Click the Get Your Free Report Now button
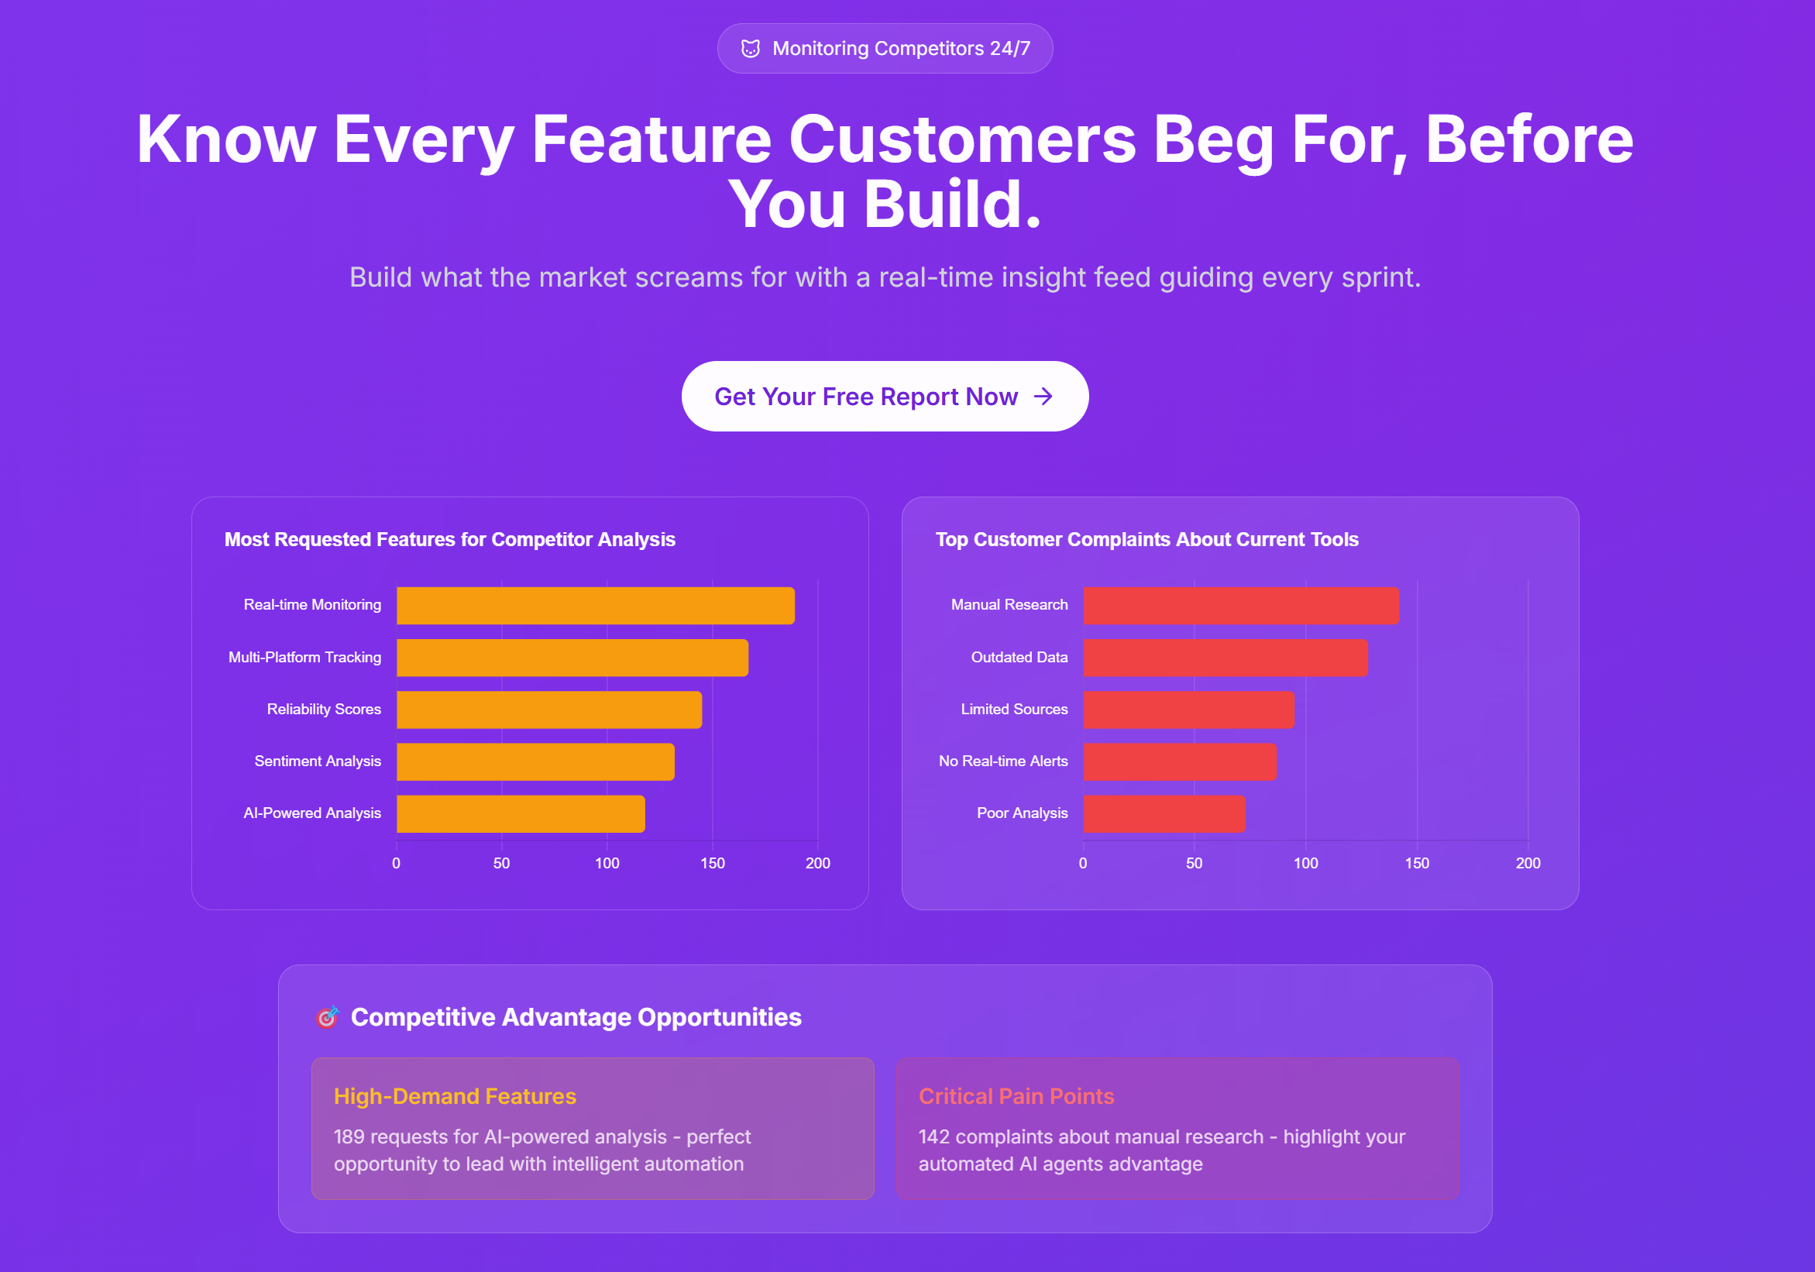click(x=885, y=396)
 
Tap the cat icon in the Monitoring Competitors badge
click(x=750, y=49)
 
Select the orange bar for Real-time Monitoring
click(x=595, y=606)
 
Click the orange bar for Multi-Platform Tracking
click(x=572, y=658)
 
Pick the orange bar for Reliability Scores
click(x=549, y=710)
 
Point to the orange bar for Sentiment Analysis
click(x=535, y=762)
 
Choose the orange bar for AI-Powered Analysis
click(x=521, y=814)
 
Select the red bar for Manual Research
click(x=1241, y=606)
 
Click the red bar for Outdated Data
click(x=1225, y=658)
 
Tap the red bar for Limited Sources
click(x=1189, y=710)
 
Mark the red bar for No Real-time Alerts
click(x=1181, y=762)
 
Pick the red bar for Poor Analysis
click(x=1164, y=814)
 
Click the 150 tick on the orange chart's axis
click(x=712, y=863)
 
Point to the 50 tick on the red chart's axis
click(x=1195, y=863)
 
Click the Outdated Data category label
click(x=1019, y=658)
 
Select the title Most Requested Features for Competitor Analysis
click(x=450, y=540)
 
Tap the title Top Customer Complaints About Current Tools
click(x=1147, y=540)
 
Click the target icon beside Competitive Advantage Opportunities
click(x=327, y=1017)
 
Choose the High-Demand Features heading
click(x=455, y=1096)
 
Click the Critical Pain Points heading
click(x=1016, y=1096)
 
